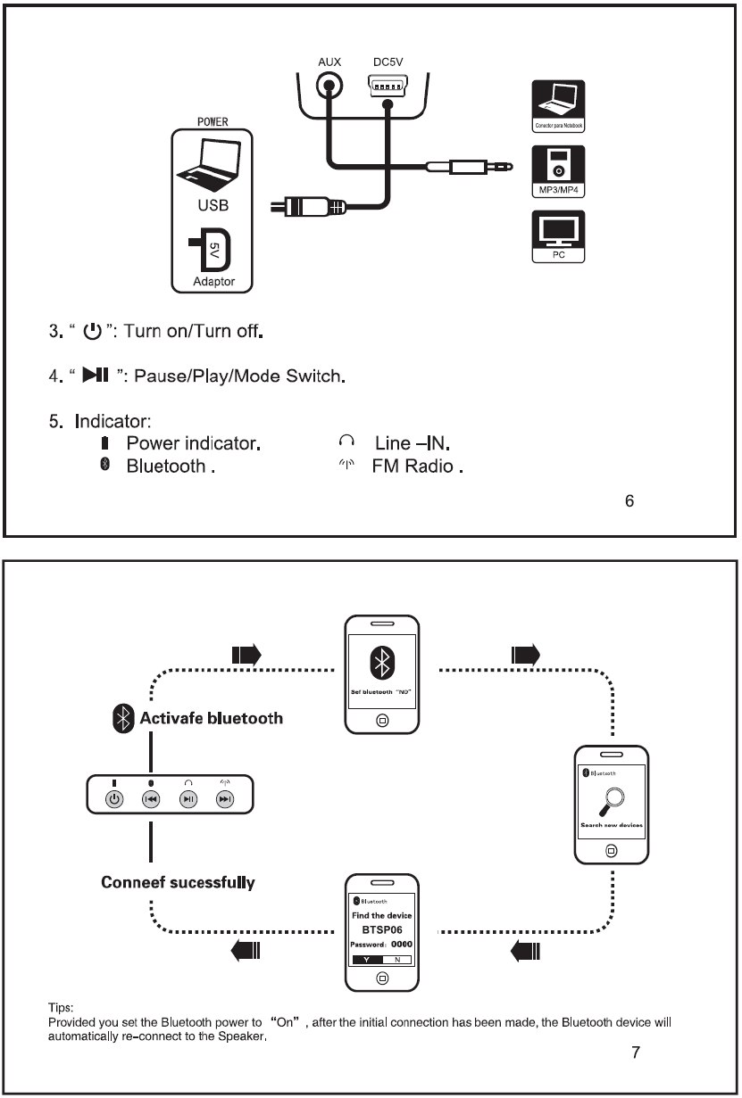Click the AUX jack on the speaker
tap(330, 88)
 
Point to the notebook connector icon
tap(558, 105)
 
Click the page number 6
tap(629, 501)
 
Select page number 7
tap(635, 1053)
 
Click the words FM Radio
tap(415, 466)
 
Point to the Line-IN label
tap(415, 443)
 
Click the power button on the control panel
tap(114, 799)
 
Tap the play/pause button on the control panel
tap(188, 799)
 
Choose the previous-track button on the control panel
tap(151, 799)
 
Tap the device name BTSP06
tap(382, 929)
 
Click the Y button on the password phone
tap(367, 959)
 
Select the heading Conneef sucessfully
tap(178, 882)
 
